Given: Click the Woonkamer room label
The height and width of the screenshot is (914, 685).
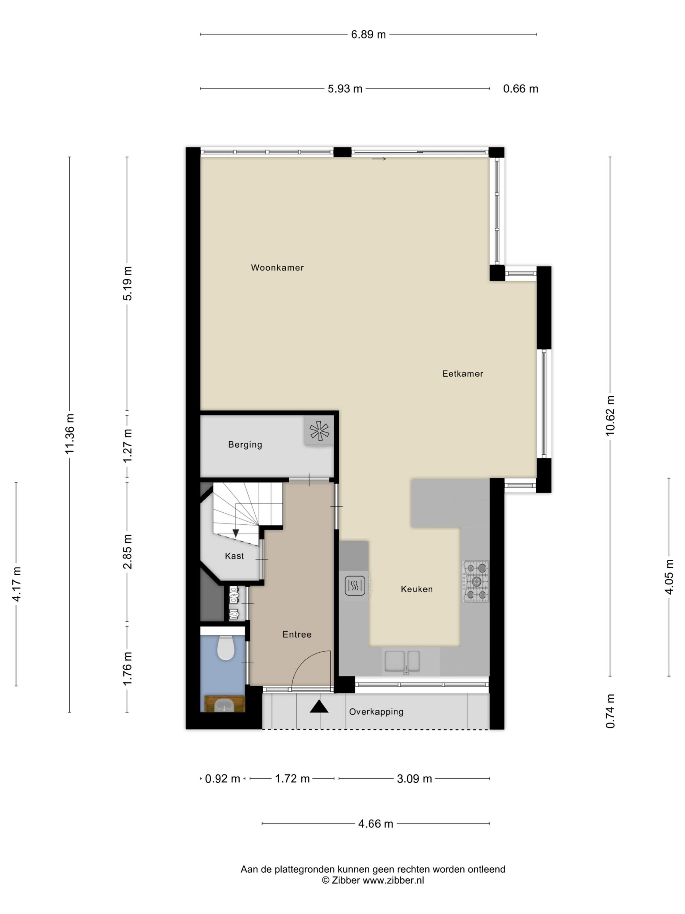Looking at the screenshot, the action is tap(277, 267).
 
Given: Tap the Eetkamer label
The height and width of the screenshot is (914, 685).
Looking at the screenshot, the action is tap(462, 373).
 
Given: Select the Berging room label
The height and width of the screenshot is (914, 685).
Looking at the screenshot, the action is tap(245, 445).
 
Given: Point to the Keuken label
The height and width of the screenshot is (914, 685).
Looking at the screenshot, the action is tap(417, 589).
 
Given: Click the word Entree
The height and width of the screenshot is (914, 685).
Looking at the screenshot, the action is tap(297, 634).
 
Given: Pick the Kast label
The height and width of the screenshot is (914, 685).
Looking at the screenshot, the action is tap(234, 556).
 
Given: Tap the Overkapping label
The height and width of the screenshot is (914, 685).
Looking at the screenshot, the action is tap(376, 712).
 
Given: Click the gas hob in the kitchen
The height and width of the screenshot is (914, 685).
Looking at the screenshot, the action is tap(476, 581).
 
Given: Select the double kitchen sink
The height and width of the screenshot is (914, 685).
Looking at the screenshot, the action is tap(402, 661).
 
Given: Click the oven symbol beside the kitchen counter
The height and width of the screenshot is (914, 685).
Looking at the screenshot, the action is tap(355, 586).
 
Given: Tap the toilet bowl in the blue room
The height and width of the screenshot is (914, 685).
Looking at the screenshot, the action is tap(225, 648).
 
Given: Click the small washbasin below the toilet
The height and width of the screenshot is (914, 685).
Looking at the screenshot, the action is tap(225, 704).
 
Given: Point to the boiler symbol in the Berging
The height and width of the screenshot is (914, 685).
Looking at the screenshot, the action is tap(319, 431).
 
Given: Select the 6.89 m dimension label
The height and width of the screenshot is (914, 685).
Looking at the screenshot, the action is tap(368, 34).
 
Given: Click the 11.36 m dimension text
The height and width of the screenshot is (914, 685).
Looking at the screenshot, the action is tap(69, 433).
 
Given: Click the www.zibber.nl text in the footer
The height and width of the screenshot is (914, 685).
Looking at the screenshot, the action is tap(393, 880).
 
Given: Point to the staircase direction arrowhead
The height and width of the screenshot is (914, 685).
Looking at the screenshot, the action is tap(235, 533).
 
